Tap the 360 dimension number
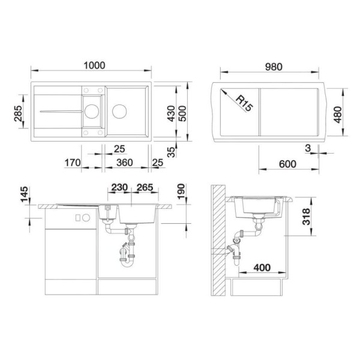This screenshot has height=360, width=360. pos(124,163)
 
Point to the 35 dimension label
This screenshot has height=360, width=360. pos(172,151)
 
